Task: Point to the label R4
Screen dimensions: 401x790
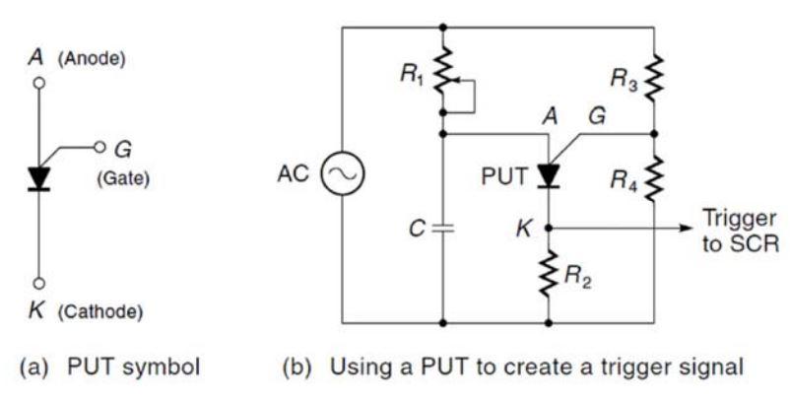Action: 623,179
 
